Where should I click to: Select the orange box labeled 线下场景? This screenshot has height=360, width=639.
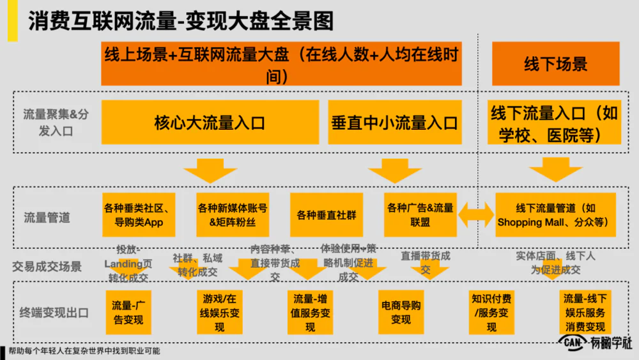(x=555, y=63)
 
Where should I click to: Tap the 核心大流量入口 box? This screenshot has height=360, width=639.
(x=210, y=122)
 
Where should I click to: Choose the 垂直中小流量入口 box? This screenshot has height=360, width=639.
(x=394, y=122)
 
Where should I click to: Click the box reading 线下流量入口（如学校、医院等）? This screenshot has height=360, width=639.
(x=554, y=124)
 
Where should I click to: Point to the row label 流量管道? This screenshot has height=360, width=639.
(x=47, y=217)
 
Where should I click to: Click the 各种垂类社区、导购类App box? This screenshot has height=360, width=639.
(x=136, y=215)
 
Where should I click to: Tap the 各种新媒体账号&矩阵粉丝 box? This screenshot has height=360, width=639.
(x=233, y=215)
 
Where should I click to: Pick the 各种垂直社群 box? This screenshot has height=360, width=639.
(x=326, y=215)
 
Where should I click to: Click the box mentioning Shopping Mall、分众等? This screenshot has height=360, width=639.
(x=555, y=215)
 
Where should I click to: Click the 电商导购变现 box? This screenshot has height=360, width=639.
(x=401, y=312)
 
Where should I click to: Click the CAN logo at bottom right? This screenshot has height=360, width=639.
(x=573, y=343)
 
